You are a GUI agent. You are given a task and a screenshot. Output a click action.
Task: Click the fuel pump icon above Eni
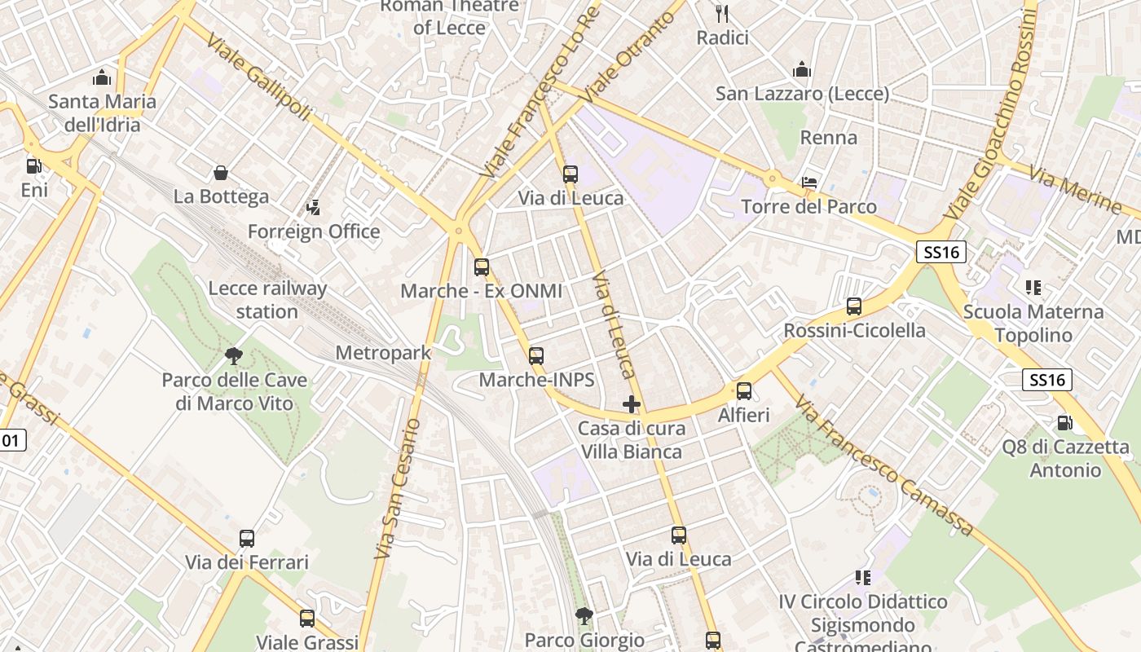tap(33, 165)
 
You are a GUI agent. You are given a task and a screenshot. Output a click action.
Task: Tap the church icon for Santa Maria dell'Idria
tap(102, 77)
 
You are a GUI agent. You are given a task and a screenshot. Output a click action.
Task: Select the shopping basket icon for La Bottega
tap(220, 173)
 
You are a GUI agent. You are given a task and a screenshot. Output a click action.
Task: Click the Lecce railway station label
tap(267, 300)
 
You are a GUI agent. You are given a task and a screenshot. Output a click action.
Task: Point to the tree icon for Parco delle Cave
tap(234, 355)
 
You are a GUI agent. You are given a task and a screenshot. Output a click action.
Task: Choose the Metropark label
tap(383, 353)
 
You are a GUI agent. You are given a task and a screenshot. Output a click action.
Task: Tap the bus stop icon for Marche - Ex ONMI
tap(482, 267)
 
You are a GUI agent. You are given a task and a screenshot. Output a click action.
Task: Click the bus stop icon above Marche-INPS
tap(536, 355)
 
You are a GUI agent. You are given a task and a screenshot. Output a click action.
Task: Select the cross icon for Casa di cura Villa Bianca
tap(632, 404)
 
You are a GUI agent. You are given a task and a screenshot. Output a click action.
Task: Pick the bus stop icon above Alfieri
tap(744, 391)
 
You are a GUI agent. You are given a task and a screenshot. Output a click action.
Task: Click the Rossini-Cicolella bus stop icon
tap(854, 306)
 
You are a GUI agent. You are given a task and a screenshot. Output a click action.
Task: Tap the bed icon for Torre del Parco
tap(809, 182)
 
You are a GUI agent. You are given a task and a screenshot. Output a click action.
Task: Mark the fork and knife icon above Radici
tap(721, 13)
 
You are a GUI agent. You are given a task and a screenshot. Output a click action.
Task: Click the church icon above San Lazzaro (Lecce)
tap(802, 69)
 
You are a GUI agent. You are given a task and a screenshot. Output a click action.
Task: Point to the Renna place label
tap(828, 138)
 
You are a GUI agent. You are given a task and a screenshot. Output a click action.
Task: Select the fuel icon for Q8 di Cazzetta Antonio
tap(1064, 423)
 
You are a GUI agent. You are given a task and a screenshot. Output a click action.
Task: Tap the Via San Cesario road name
tap(397, 489)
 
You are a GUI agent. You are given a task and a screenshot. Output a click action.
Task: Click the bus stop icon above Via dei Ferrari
tap(247, 539)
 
